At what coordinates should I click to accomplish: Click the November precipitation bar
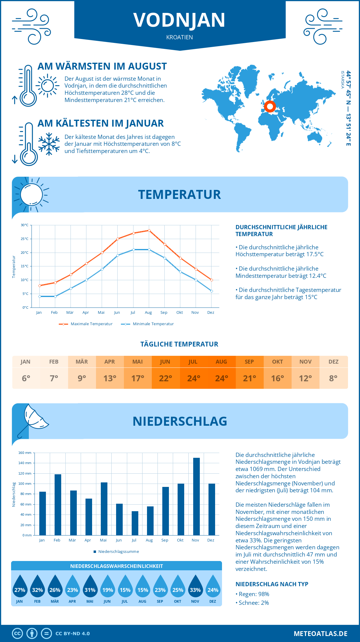click(196, 496)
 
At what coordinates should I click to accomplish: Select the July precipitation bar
click(135, 523)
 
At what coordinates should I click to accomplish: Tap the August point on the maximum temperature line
click(149, 230)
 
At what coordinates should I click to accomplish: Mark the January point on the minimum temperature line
click(40, 296)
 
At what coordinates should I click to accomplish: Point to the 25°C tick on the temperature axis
click(25, 239)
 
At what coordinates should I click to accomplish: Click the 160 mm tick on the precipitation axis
click(25, 453)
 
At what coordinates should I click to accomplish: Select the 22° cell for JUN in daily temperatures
click(166, 378)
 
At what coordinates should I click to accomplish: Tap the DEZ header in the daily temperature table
click(334, 362)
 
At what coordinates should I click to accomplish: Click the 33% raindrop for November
click(195, 586)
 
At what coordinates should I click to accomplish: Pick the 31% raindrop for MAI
click(90, 586)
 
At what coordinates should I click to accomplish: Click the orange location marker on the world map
click(270, 106)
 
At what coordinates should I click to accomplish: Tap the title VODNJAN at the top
click(179, 20)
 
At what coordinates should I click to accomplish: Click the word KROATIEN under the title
click(180, 37)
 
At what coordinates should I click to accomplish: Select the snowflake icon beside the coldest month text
click(49, 144)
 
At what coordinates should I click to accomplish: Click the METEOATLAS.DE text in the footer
click(320, 634)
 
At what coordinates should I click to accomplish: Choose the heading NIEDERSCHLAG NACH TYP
click(272, 584)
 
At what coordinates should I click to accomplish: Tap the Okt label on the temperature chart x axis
click(179, 313)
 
